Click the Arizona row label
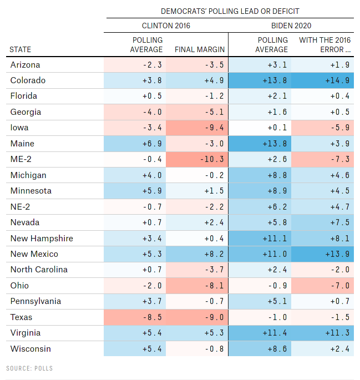[x=25, y=65]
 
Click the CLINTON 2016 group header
[x=165, y=26]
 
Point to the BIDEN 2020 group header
[x=292, y=26]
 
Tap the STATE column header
[x=21, y=49]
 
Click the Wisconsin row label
[x=31, y=349]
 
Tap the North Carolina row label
[x=39, y=270]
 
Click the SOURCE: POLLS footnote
[x=29, y=368]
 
